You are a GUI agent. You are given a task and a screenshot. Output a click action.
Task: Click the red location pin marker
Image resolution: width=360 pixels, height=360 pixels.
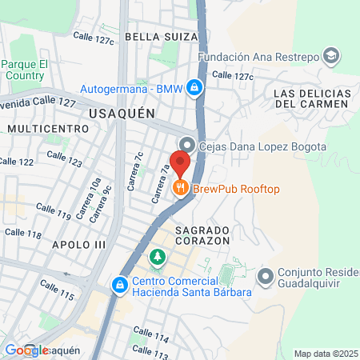[180, 163]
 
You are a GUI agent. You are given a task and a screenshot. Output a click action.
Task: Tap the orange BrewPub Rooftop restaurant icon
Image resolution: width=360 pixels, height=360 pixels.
[181, 188]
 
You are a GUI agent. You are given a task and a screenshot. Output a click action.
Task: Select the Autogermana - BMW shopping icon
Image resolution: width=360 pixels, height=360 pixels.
[194, 88]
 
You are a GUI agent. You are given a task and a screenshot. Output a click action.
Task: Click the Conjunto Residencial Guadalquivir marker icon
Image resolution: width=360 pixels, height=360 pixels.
[266, 277]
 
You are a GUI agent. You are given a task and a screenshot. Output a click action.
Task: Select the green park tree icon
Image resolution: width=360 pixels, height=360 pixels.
[158, 257]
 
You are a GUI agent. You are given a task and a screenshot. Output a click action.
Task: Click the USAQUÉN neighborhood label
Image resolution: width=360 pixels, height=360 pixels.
[122, 114]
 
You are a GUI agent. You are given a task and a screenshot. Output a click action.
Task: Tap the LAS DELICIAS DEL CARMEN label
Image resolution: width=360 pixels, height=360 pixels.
[311, 98]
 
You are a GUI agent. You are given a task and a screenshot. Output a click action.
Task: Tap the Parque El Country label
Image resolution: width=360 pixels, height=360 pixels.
[25, 69]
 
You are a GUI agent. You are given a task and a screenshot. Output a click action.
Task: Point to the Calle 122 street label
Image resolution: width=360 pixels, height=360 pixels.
[16, 161]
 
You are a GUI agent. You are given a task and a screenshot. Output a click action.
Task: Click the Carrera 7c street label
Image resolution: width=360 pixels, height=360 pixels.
[139, 165]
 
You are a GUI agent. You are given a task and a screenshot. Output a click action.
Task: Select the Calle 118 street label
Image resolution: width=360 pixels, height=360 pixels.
[22, 233]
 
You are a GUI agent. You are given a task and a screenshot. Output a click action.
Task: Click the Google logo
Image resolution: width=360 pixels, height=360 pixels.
[26, 350]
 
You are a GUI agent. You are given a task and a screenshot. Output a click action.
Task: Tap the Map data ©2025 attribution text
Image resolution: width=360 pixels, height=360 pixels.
[325, 354]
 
